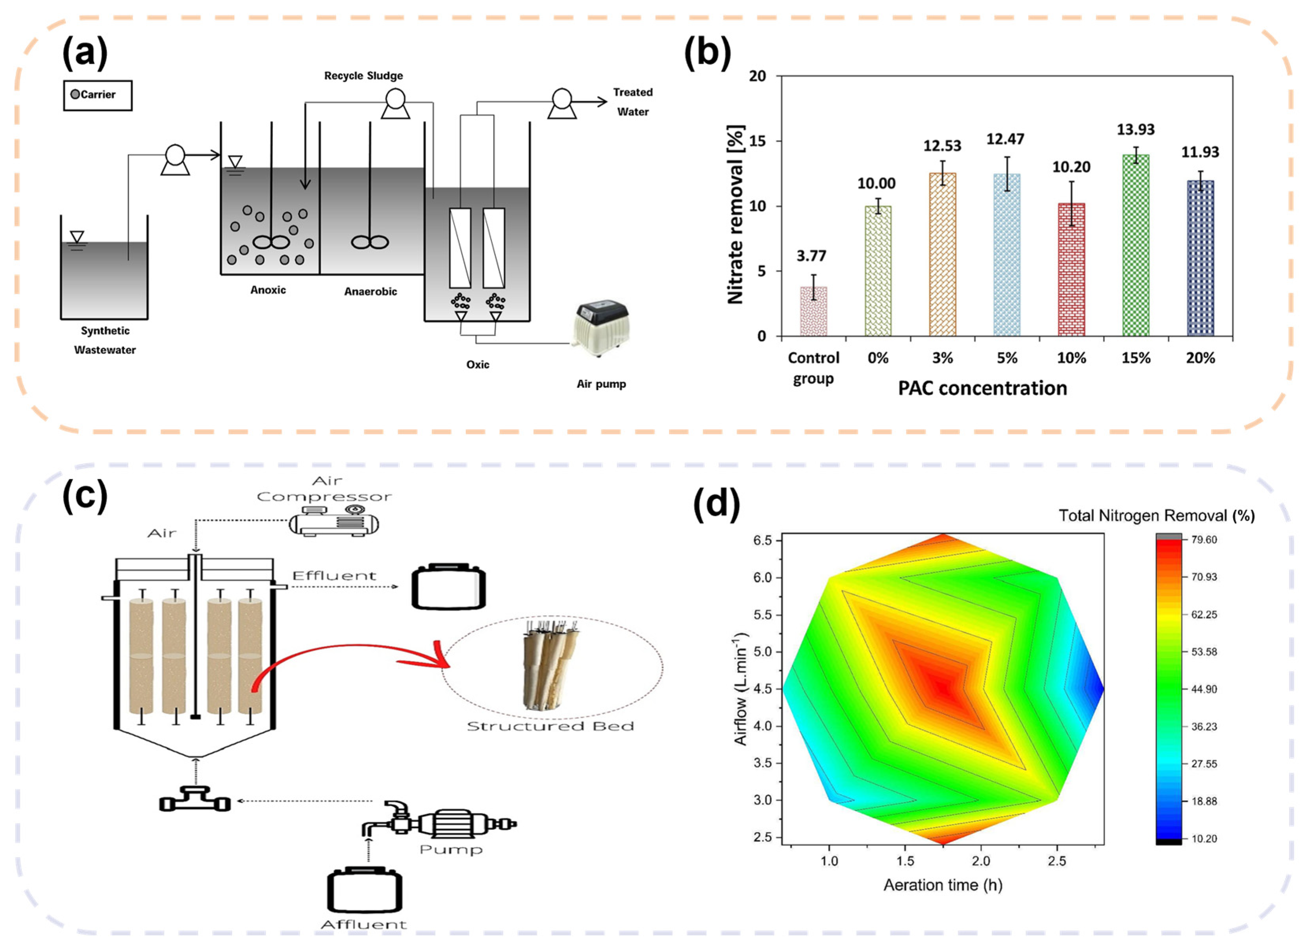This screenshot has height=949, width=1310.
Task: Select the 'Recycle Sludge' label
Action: click(x=363, y=76)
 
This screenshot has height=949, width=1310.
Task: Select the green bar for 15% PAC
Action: click(x=1136, y=245)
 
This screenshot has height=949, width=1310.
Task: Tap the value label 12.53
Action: click(x=942, y=146)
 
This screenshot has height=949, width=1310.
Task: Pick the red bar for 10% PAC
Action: click(x=1071, y=270)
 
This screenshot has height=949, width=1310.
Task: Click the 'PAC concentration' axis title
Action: click(x=982, y=388)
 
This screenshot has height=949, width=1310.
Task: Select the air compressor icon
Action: click(x=334, y=521)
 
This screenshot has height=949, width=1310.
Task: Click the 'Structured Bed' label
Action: click(x=550, y=726)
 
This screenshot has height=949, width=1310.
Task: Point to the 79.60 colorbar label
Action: click(x=1204, y=540)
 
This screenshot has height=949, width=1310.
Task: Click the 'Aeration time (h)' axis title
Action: click(x=943, y=885)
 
